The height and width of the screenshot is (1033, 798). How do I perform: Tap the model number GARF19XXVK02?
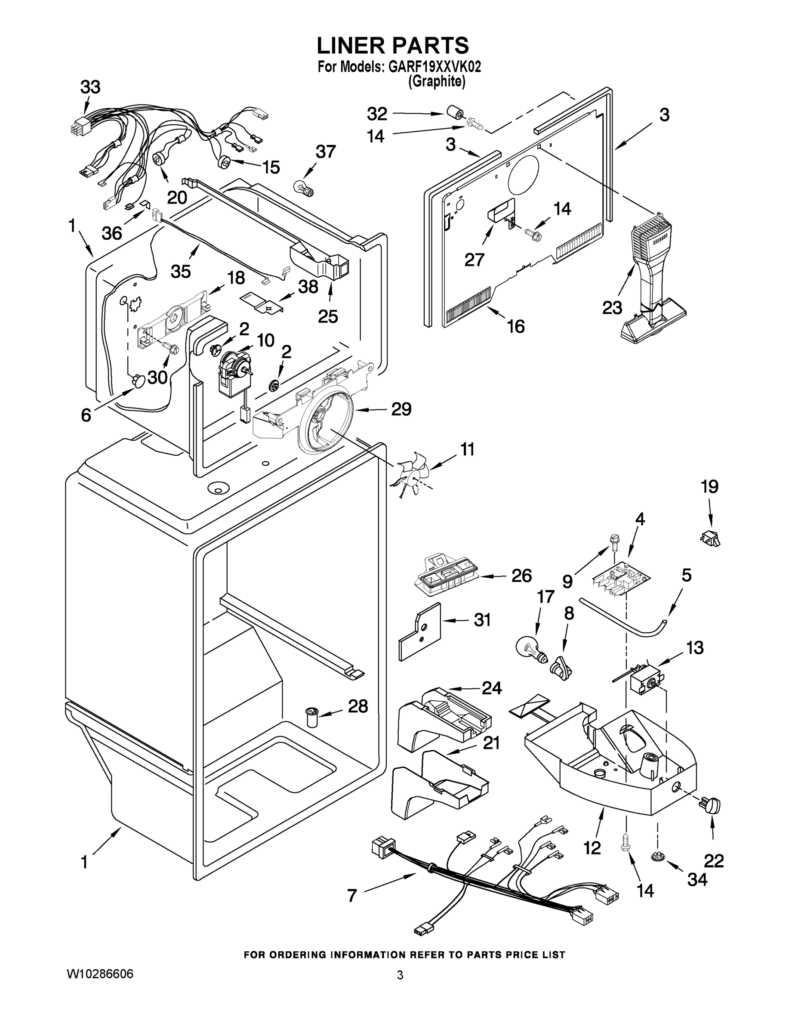pyautogui.click(x=434, y=67)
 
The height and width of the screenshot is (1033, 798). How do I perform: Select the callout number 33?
pyautogui.click(x=90, y=87)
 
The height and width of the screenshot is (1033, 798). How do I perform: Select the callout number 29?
pyautogui.click(x=401, y=409)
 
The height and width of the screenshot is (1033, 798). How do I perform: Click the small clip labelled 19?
pyautogui.click(x=710, y=538)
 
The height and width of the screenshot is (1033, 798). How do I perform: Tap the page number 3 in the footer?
pyautogui.click(x=400, y=975)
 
